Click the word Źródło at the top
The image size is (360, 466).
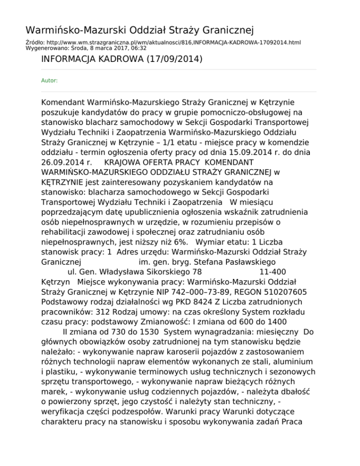33,42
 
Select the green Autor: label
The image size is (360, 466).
50,81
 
